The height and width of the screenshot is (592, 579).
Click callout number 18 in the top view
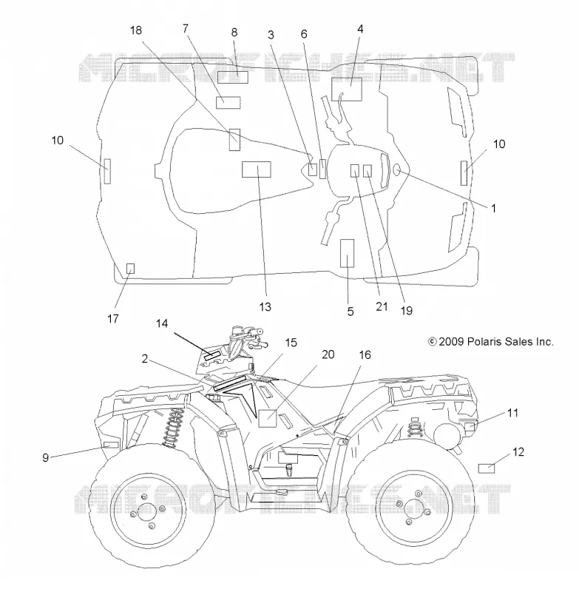pyautogui.click(x=136, y=30)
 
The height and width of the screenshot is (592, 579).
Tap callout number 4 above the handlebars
pyautogui.click(x=360, y=29)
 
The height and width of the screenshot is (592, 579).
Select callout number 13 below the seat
pyautogui.click(x=265, y=306)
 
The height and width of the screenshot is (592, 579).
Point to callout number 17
pyautogui.click(x=113, y=319)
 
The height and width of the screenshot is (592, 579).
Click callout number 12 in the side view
pyautogui.click(x=518, y=452)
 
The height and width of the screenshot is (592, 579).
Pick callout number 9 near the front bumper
pyautogui.click(x=45, y=457)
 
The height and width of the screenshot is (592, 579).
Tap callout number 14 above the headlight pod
pyautogui.click(x=162, y=323)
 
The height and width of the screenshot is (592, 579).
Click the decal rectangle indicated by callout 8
pyautogui.click(x=233, y=77)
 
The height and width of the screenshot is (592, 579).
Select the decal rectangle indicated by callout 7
pyautogui.click(x=228, y=102)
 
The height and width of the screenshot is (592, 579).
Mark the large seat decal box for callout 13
pyautogui.click(x=257, y=169)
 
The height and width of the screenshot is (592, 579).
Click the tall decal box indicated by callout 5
pyautogui.click(x=347, y=253)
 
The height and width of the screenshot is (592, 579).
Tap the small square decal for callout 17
pyautogui.click(x=130, y=269)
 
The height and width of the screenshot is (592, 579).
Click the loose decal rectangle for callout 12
pyautogui.click(x=487, y=468)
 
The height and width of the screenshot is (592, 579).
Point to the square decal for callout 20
pyautogui.click(x=268, y=418)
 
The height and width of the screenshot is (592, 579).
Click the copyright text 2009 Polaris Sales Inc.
pyautogui.click(x=491, y=342)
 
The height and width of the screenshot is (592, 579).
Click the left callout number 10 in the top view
pyautogui.click(x=58, y=141)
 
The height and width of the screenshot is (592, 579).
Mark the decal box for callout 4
pyautogui.click(x=347, y=90)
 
